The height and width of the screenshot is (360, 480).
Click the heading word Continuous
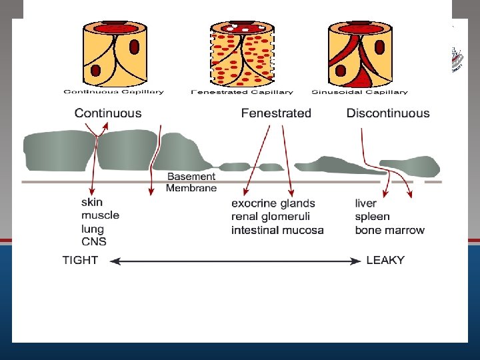(108, 113)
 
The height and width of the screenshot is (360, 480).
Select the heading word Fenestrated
(276, 113)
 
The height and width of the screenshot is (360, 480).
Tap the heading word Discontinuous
(388, 113)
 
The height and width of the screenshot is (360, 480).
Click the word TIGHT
(80, 260)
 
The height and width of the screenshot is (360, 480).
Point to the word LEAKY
(385, 260)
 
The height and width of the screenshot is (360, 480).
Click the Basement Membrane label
(191, 182)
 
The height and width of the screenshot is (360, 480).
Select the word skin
(92, 202)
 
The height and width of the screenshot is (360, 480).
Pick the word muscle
(100, 215)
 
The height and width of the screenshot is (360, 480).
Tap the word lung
(93, 229)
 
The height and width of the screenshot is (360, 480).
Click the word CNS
(94, 241)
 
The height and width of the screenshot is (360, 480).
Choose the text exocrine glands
(273, 203)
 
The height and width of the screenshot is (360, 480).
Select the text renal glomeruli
(271, 217)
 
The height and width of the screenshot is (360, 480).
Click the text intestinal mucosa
(277, 230)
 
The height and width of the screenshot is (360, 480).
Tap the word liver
(366, 203)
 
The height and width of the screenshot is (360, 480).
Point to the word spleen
(372, 217)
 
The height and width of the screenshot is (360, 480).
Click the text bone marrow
(389, 230)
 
